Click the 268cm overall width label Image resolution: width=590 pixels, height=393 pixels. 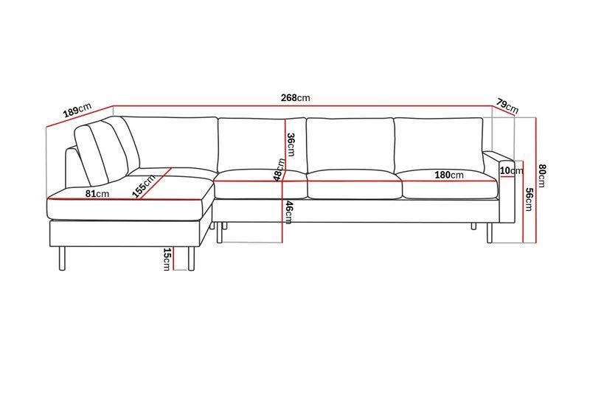[x=296, y=98]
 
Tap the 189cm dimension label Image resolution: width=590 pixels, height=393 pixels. [x=77, y=109]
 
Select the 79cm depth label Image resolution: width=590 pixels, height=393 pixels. [x=507, y=105]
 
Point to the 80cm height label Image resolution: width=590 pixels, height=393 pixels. [x=541, y=175]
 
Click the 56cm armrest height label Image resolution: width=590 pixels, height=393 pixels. [x=528, y=199]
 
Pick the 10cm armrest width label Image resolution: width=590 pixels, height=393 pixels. [x=511, y=171]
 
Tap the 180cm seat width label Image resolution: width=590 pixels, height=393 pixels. [x=449, y=175]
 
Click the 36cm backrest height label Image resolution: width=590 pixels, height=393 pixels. [x=291, y=145]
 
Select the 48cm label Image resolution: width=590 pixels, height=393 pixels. [x=280, y=170]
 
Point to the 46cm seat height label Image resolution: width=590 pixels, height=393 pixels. [x=288, y=212]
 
